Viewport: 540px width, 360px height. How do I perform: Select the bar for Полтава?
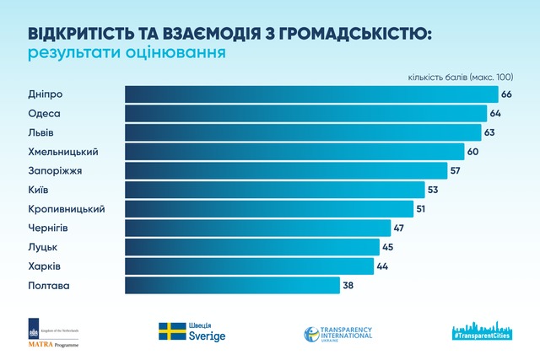[232, 285]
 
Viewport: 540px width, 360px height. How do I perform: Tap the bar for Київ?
[274, 190]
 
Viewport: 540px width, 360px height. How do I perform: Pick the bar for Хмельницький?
[294, 152]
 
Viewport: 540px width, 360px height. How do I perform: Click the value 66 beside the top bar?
[506, 94]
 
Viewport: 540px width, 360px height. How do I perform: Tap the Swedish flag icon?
[172, 331]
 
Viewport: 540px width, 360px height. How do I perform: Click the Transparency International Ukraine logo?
[337, 333]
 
